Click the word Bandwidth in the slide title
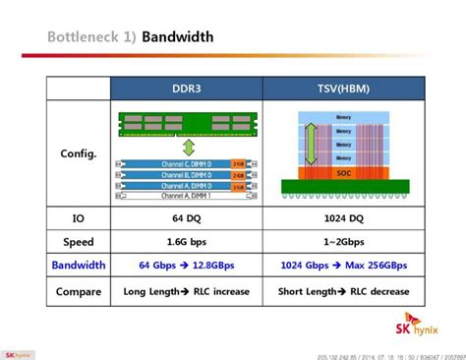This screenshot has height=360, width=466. [x=177, y=37]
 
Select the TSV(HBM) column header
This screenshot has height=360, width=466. [x=343, y=89]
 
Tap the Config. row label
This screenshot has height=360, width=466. [x=79, y=153]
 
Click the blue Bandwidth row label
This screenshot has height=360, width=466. [x=79, y=267]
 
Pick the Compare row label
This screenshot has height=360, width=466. [x=79, y=291]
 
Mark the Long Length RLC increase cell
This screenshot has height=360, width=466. [x=186, y=291]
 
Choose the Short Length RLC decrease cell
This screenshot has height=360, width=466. [x=343, y=291]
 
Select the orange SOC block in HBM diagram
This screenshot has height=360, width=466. [x=343, y=172]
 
